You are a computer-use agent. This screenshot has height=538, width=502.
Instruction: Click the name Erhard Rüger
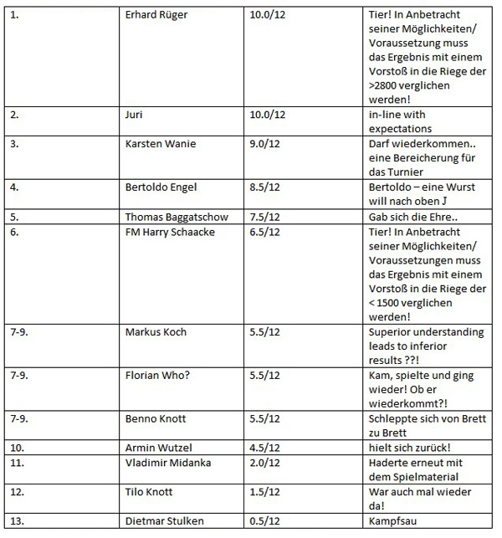pyautogui.click(x=157, y=16)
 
